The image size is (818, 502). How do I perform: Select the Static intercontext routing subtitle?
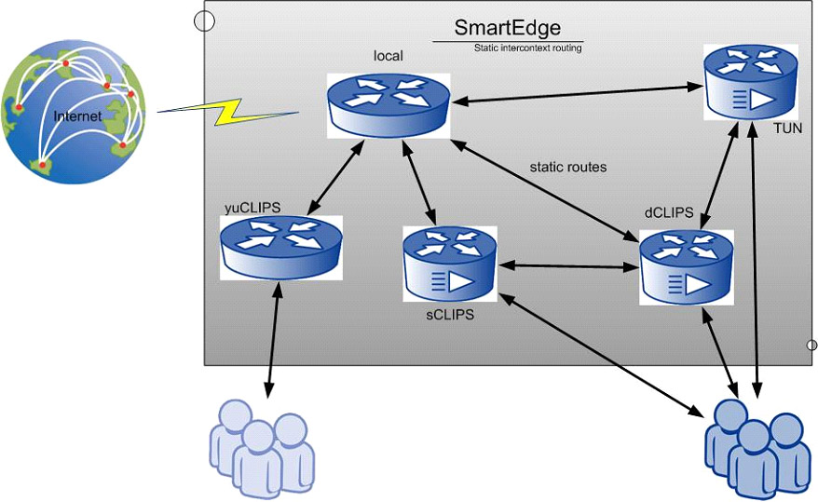pyautogui.click(x=528, y=47)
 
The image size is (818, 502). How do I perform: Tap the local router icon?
pyautogui.click(x=388, y=104)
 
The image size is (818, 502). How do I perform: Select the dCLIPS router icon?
pyautogui.click(x=688, y=267)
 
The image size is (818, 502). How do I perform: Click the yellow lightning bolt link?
pyautogui.click(x=229, y=111)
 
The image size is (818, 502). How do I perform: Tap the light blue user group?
pyautogui.click(x=260, y=447)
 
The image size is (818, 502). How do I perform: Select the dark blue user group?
pyautogui.click(x=754, y=447)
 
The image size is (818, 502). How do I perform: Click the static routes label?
pyautogui.click(x=568, y=168)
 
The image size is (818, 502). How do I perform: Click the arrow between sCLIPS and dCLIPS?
pyautogui.click(x=568, y=266)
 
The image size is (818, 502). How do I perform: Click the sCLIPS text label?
pyautogui.click(x=451, y=315)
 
